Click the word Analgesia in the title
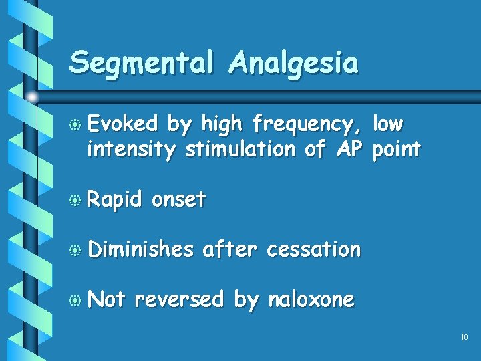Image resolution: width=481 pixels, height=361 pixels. point(293,64)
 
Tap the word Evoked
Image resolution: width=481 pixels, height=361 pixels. point(123,124)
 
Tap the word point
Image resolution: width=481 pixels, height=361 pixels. point(396,149)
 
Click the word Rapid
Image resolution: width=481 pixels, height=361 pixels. point(115,200)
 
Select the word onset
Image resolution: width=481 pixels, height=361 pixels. point(178,200)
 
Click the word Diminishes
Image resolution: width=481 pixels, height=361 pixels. point(140,249)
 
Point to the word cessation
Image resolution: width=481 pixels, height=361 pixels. point(313,249)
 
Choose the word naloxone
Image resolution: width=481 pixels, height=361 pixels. point(311,299)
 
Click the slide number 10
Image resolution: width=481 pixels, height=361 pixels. point(464,338)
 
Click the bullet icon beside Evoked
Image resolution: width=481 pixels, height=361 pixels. point(76,125)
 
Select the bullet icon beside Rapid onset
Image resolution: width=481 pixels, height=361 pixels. point(76,201)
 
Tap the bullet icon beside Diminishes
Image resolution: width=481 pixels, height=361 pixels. point(76,250)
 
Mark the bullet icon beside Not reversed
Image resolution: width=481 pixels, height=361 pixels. point(76,300)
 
